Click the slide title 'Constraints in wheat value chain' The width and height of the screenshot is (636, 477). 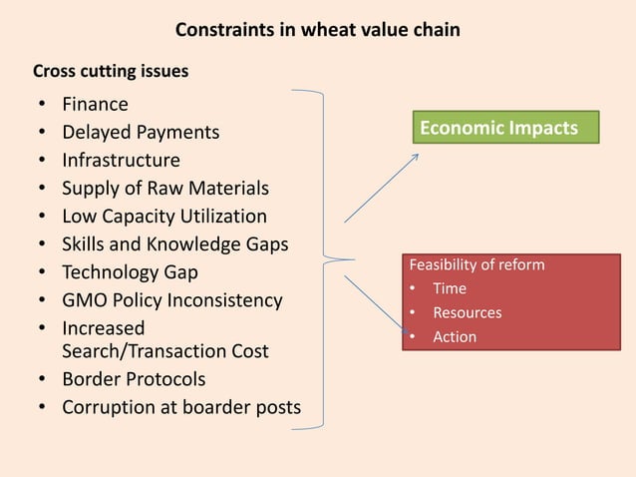pos(317,30)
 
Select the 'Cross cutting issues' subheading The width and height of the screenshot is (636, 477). pos(111,72)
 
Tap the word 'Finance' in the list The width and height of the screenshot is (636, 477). pos(95,104)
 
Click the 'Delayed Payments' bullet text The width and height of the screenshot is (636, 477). pos(141,132)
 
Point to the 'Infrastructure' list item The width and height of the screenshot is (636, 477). pos(121,160)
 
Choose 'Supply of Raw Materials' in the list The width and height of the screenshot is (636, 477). pos(164,188)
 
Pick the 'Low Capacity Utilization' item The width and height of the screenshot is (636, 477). pos(164,216)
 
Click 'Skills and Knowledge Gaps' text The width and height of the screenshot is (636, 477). pos(174,243)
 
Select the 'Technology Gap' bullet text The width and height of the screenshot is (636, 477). pos(130,271)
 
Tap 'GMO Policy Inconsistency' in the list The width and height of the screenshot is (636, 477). pos(171,299)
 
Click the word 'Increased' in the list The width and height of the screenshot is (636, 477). pos(103,327)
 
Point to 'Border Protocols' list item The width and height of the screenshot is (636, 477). pos(134,379)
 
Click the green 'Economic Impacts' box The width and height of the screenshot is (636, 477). pos(506,128)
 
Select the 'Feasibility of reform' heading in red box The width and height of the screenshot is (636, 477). pos(477,265)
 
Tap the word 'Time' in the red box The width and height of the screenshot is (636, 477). pos(449,289)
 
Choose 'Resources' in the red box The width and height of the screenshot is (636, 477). pos(467,313)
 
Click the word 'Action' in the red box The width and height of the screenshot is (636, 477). pos(454,337)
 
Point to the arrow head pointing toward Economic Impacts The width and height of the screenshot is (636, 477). pos(417,157)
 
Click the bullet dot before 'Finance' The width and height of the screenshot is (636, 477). pos(42,105)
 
